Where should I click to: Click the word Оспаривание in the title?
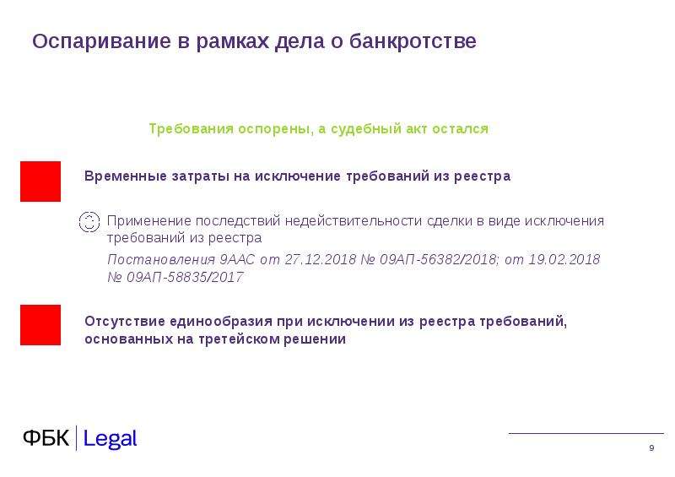101,42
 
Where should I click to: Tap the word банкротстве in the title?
413,41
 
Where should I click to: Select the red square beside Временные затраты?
40,182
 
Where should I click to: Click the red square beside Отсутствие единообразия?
40,325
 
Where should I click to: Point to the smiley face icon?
89,222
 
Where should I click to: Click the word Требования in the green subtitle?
192,129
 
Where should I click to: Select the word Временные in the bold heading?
126,176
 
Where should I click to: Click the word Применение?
149,221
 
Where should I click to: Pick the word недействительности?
354,221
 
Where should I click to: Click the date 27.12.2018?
321,259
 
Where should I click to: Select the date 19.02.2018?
564,259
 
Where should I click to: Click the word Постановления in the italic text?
161,259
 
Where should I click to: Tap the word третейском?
240,339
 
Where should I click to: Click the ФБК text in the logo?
46,438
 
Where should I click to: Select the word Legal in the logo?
110,439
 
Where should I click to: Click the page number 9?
651,448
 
